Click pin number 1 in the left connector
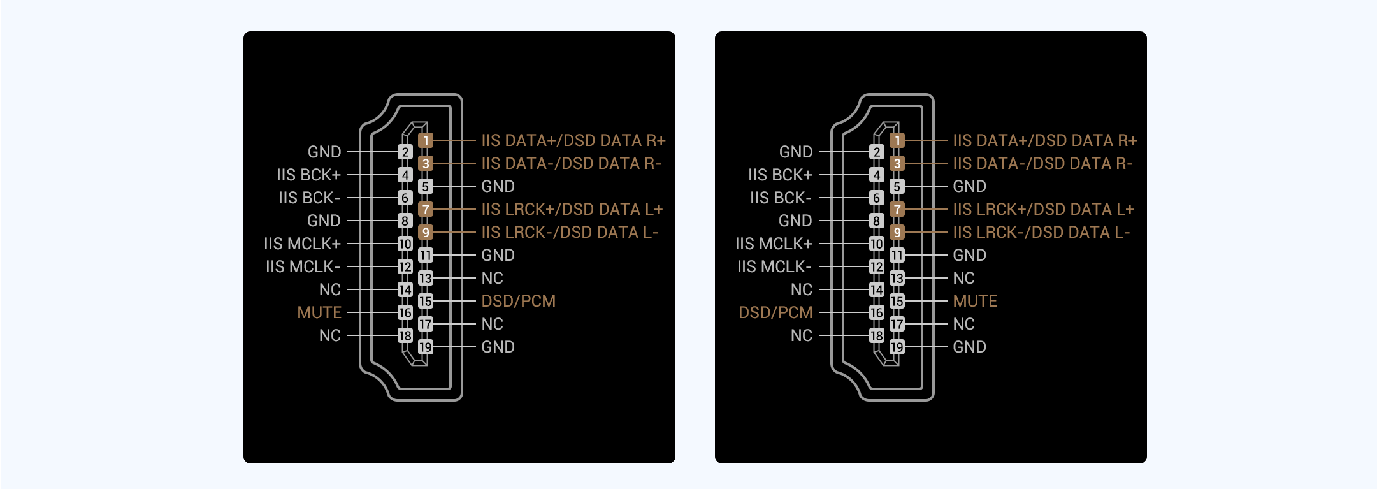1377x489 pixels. click(x=426, y=140)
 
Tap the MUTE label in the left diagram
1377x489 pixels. click(x=319, y=312)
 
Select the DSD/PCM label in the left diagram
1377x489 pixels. click(x=519, y=301)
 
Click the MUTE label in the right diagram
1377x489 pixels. click(x=975, y=301)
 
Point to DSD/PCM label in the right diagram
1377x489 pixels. click(x=775, y=312)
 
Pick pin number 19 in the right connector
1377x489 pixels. click(x=897, y=347)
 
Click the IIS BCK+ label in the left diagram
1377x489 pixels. click(x=308, y=175)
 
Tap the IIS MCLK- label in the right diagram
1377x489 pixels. click(x=774, y=266)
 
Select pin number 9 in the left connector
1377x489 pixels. click(x=426, y=232)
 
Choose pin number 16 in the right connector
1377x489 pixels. click(x=877, y=312)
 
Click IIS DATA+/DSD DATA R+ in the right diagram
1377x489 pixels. click(x=1045, y=140)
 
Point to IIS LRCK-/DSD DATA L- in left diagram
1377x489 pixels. click(x=570, y=232)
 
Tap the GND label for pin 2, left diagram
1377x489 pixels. click(x=324, y=152)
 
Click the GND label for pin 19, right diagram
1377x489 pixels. click(x=970, y=347)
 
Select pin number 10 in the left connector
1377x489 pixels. click(x=405, y=244)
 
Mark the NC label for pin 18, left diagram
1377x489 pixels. click(x=330, y=335)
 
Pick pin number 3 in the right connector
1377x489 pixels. click(x=897, y=163)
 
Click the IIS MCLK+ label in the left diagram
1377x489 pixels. click(x=302, y=244)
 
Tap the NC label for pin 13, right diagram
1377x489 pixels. click(x=964, y=278)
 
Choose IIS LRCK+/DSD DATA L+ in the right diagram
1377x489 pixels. click(x=1044, y=209)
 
